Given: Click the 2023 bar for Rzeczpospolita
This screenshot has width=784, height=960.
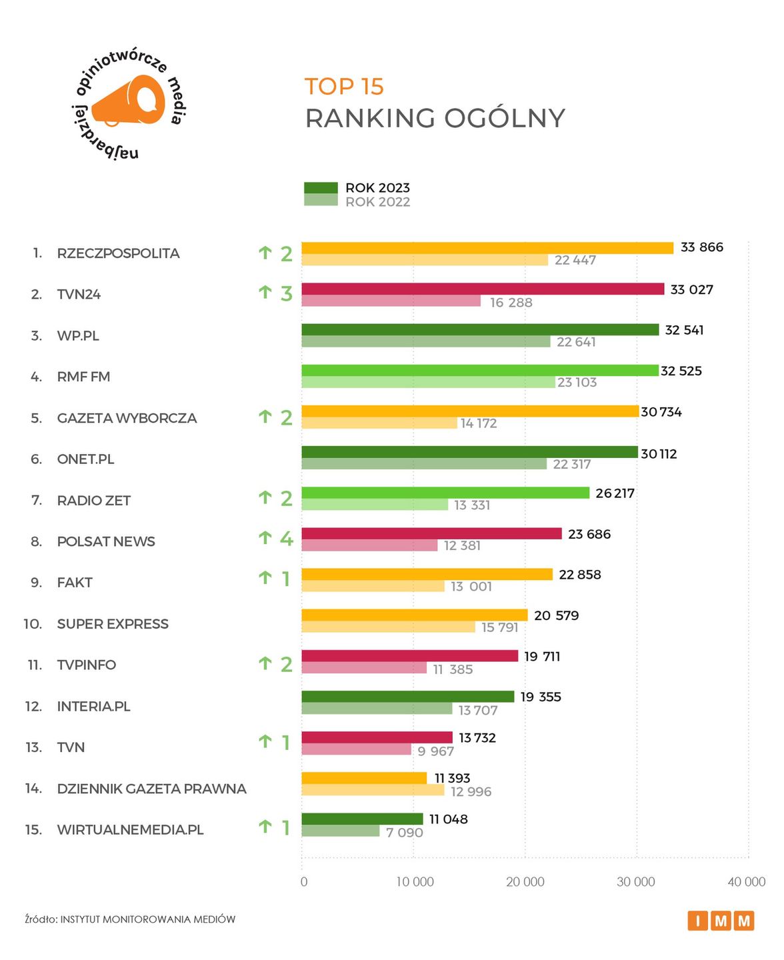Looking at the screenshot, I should click(487, 248).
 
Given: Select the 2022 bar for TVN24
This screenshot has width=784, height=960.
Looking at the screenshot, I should click(391, 301).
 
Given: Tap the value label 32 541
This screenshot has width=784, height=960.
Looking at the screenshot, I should click(684, 330).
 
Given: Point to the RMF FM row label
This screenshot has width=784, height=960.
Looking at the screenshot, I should click(83, 377).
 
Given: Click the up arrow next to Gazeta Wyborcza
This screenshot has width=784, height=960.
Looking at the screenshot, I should click(265, 417).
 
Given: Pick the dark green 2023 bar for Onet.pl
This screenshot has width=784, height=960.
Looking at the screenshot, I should click(469, 452).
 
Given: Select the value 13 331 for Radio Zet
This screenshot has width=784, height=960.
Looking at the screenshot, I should click(472, 505).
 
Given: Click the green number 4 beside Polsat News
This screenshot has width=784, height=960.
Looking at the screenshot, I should click(287, 538).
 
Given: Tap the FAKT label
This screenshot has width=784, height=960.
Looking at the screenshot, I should click(75, 583).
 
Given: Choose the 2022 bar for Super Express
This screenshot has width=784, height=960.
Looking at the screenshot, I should click(388, 627).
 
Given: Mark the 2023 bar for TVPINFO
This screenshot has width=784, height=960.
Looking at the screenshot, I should click(409, 656).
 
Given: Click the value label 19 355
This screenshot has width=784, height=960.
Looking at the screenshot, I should click(541, 697).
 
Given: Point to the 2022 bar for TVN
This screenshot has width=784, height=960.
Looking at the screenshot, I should click(356, 750).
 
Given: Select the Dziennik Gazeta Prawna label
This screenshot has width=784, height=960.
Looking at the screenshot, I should click(151, 789).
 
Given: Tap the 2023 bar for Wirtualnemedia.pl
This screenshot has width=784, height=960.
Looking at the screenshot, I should click(362, 819).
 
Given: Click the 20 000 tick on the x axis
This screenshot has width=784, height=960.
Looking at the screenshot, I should click(525, 882).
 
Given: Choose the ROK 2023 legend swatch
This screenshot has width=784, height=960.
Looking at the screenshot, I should click(321, 188).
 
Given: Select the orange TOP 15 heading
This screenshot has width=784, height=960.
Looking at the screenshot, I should click(344, 87).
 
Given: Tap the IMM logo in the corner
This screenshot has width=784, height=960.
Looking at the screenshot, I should click(721, 921).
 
